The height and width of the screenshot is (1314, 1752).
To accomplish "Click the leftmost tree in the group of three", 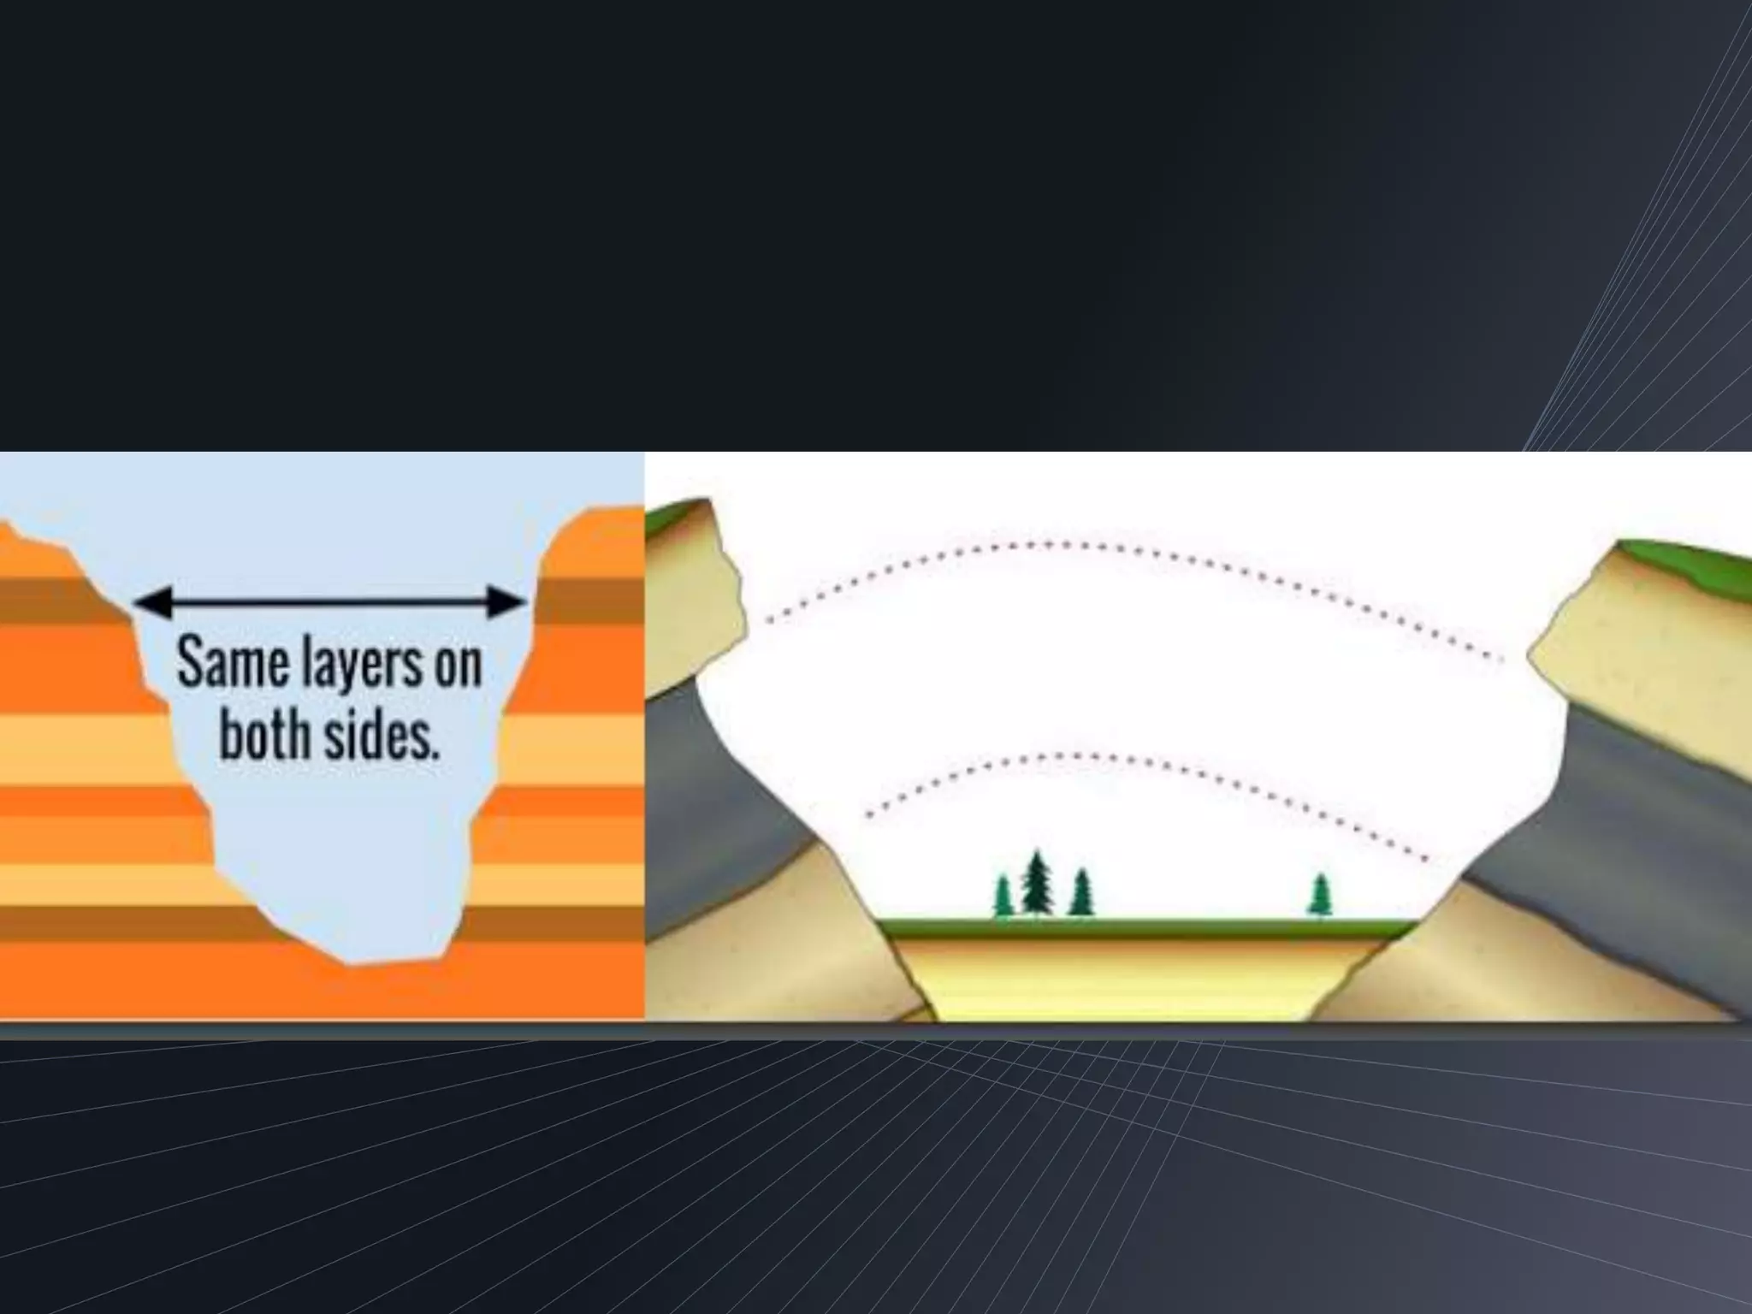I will coord(1003,897).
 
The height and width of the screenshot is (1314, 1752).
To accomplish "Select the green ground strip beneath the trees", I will coord(1138,927).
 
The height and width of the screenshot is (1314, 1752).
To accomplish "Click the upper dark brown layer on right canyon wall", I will coord(590,601).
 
